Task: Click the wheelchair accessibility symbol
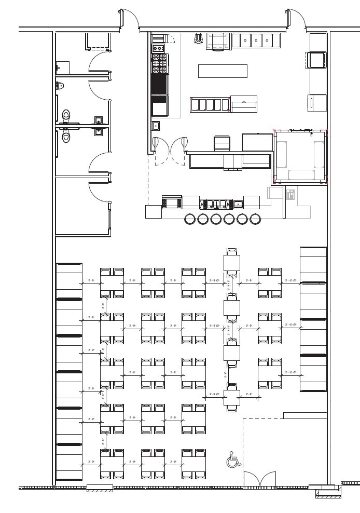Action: click(233, 460)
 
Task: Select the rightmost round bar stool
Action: click(255, 219)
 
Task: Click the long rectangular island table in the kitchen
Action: click(223, 71)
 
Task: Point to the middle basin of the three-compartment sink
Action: click(256, 40)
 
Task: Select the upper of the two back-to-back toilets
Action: click(66, 116)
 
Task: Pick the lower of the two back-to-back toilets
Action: click(66, 136)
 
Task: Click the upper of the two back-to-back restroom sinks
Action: click(99, 120)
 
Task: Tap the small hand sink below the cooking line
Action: click(156, 126)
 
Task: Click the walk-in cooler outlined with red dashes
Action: click(300, 157)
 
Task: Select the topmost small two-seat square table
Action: click(232, 263)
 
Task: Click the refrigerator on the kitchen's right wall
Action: click(317, 102)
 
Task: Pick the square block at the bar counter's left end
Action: click(154, 212)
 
